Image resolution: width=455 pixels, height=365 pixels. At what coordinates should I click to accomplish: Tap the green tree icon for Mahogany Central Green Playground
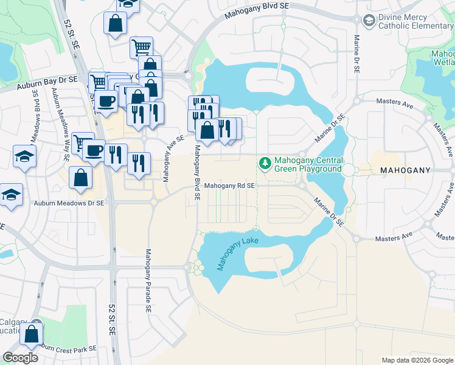click(x=265, y=163)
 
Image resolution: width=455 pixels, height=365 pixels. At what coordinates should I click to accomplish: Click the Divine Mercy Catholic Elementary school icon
click(x=369, y=21)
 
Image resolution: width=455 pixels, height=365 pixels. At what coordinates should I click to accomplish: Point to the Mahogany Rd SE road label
click(x=229, y=186)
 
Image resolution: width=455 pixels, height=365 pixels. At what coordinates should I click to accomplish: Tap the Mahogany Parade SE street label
click(x=147, y=280)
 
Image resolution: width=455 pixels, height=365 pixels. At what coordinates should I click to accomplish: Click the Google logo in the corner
click(x=20, y=358)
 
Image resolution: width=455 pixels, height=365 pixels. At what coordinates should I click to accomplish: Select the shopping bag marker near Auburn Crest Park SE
click(x=32, y=334)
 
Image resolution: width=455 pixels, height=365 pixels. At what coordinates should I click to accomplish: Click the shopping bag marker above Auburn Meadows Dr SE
click(x=81, y=178)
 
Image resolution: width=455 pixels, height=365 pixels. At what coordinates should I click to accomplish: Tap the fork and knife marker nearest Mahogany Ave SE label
click(x=139, y=162)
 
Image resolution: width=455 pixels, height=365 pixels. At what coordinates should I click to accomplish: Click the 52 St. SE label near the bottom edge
click(x=112, y=321)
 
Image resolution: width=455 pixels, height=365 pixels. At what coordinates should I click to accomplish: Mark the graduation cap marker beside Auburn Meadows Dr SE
click(x=12, y=195)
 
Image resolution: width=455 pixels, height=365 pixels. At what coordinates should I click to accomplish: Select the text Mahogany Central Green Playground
click(x=308, y=165)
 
